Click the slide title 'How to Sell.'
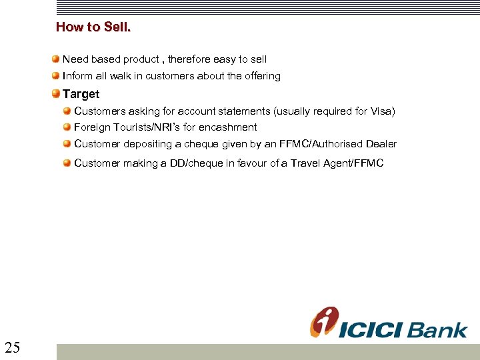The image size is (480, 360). (93, 27)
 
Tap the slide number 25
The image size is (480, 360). (12, 347)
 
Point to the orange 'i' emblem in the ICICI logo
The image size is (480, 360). (324, 322)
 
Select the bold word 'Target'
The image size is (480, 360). (81, 94)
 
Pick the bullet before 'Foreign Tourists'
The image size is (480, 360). (68, 127)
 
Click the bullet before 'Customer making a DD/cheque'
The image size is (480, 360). (68, 163)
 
